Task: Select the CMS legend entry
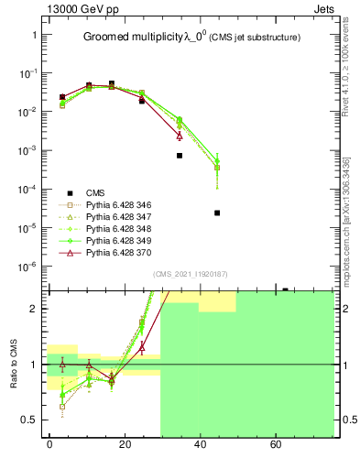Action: [x=94, y=192]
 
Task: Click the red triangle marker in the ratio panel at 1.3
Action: [x=142, y=347]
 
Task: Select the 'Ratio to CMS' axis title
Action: [x=16, y=364]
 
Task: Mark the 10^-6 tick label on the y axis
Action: [x=30, y=267]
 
